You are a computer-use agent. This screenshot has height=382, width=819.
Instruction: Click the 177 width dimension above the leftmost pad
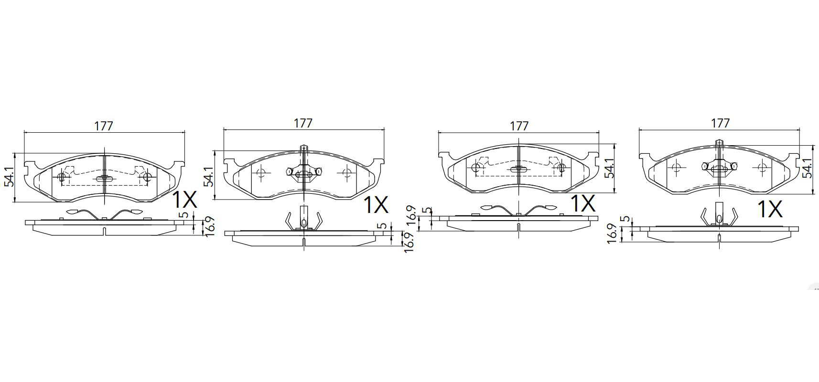(104, 126)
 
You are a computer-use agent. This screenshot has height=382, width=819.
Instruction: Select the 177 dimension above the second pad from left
(303, 124)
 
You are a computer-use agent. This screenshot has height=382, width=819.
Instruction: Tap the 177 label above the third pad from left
(519, 126)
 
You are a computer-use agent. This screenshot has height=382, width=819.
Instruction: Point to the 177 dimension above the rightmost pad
(720, 124)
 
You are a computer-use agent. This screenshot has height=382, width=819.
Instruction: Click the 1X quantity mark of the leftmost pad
(184, 200)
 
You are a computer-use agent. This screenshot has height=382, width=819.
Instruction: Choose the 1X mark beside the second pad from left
(376, 205)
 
